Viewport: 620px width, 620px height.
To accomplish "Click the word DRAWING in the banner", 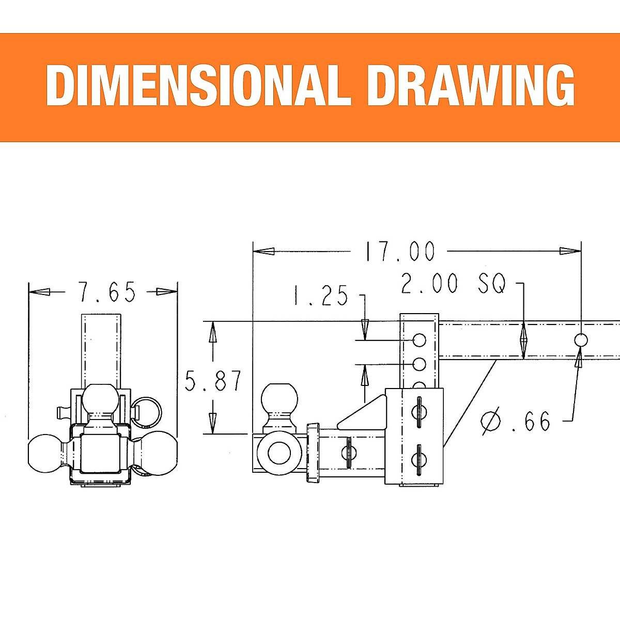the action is click(x=471, y=85).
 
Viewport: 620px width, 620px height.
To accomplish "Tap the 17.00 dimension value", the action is click(x=400, y=251).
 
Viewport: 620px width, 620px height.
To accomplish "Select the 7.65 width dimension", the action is click(x=107, y=292).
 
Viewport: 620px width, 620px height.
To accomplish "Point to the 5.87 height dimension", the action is click(x=213, y=381).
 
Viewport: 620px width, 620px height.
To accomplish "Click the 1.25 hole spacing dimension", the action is click(x=320, y=295).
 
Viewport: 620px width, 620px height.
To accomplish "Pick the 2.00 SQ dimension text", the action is click(x=454, y=284).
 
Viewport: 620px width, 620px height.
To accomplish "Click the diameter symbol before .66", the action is click(x=491, y=421).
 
